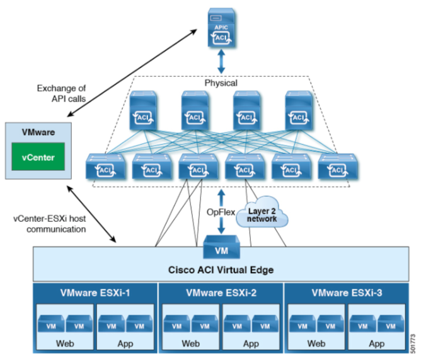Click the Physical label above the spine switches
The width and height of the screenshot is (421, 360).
[x=221, y=83]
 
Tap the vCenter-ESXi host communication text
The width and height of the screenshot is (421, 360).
[x=50, y=224]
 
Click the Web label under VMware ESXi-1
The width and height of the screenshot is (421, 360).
[x=64, y=344]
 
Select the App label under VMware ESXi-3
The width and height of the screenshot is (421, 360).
[x=376, y=344]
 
